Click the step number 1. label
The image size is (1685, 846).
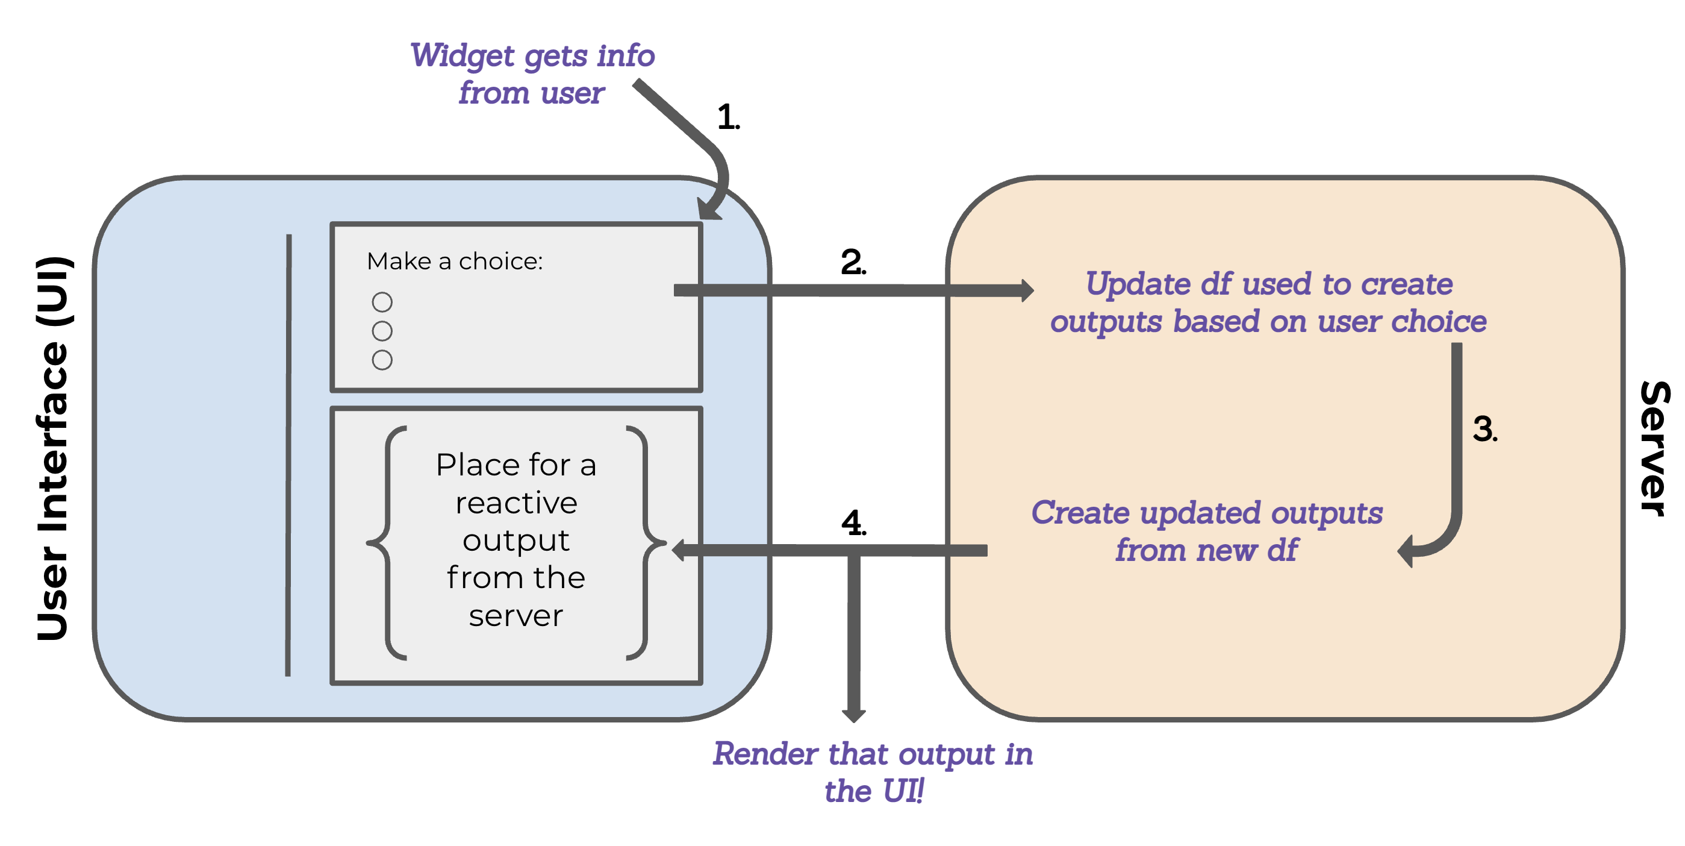tap(727, 117)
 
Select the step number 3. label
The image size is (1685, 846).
tap(1484, 429)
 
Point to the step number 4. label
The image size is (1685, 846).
tap(853, 523)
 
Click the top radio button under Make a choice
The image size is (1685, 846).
tap(382, 302)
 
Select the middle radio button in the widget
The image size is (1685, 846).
tap(382, 331)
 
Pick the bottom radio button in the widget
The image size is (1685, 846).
tap(382, 360)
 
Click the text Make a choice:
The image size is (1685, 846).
tap(455, 261)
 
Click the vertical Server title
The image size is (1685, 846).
tap(1654, 448)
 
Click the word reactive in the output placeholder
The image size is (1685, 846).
tap(516, 503)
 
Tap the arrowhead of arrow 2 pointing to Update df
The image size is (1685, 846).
tap(1027, 290)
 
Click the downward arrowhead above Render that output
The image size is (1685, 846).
tap(853, 715)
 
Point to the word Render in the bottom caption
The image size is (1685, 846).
tap(765, 754)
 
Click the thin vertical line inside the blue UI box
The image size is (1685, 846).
tap(288, 455)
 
